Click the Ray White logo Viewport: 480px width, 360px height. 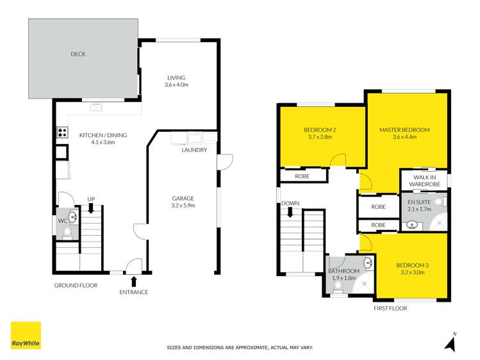(x=26, y=335)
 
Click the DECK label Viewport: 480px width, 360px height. (x=78, y=54)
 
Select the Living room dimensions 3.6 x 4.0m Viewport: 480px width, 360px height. (x=176, y=85)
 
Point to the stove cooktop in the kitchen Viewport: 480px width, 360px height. (x=63, y=133)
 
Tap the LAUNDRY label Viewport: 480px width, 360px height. (x=194, y=151)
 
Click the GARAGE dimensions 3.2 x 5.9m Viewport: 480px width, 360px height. (x=183, y=206)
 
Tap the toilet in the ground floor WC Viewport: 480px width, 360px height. (x=68, y=233)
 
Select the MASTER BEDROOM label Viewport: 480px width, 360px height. (x=404, y=130)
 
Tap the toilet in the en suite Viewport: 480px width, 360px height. (x=439, y=202)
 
